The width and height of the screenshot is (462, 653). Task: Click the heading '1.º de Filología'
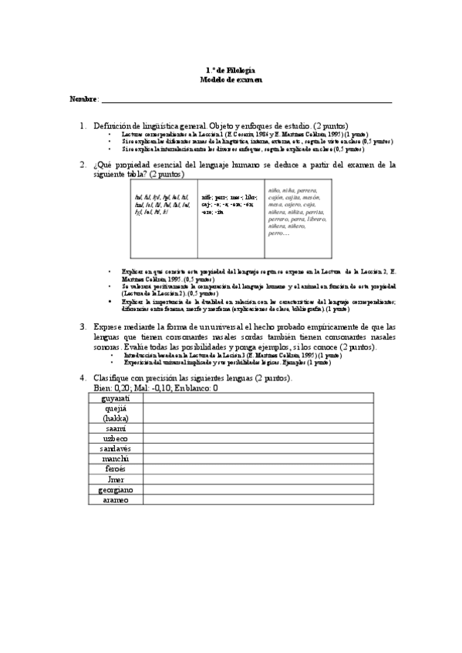(x=231, y=69)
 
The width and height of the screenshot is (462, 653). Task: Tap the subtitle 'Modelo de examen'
(x=231, y=79)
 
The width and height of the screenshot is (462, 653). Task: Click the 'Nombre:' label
(x=84, y=99)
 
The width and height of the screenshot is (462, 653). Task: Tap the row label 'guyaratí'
(x=116, y=398)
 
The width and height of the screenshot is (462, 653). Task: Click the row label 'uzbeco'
(x=116, y=437)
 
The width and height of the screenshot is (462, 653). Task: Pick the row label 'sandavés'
(x=116, y=447)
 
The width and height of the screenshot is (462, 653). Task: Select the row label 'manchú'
(x=116, y=458)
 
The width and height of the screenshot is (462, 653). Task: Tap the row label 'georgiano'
(x=116, y=489)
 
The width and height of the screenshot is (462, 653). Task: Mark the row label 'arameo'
(x=116, y=499)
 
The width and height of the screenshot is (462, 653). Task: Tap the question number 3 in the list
(x=83, y=326)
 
